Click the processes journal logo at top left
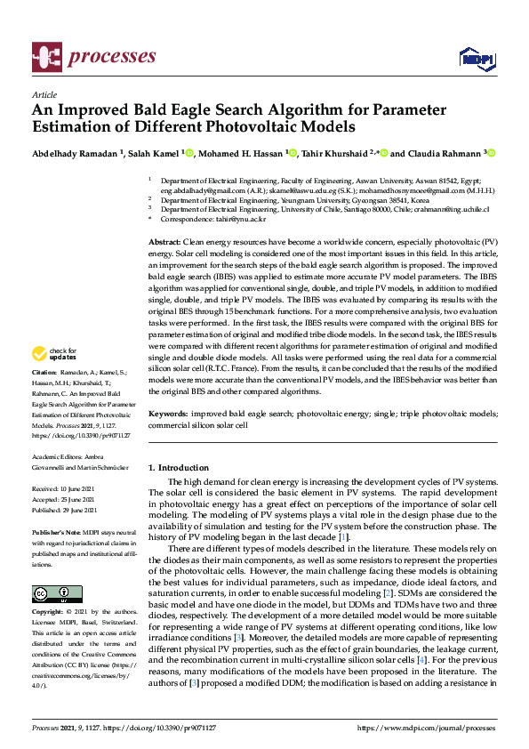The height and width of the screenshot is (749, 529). [x=93, y=57]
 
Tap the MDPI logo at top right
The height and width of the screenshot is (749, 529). [x=477, y=59]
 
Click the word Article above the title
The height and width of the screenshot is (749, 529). [x=44, y=94]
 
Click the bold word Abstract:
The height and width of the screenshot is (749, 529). [x=165, y=243]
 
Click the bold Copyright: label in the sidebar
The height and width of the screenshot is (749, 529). [x=48, y=613]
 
